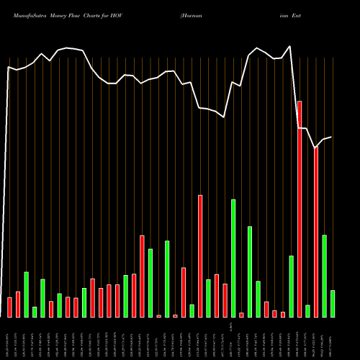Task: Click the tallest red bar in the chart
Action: point(299,209)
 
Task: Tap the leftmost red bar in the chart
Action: point(9,307)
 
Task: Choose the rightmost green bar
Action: point(332,303)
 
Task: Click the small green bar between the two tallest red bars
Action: point(307,311)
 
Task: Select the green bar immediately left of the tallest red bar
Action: point(291,286)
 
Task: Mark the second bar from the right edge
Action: point(324,276)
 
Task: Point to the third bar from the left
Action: point(26,294)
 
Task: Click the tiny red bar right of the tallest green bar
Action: point(241,315)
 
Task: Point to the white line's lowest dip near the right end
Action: point(315,148)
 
